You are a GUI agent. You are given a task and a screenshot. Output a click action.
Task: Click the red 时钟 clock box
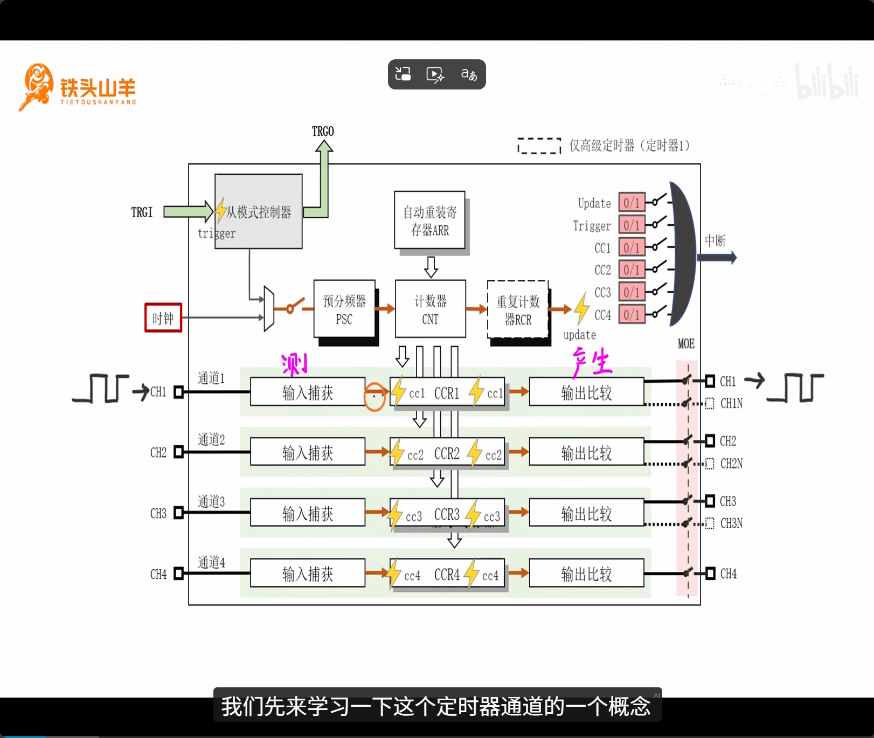[163, 318]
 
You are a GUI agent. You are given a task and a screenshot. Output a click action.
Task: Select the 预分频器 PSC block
[344, 309]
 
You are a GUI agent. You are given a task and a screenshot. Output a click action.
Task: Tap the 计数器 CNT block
[430, 309]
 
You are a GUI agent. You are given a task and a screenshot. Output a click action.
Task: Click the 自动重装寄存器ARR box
[429, 220]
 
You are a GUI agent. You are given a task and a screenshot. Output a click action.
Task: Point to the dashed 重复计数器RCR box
[518, 309]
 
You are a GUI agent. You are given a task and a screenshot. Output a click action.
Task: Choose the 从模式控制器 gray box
[259, 211]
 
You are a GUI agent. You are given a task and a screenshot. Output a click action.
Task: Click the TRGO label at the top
[323, 132]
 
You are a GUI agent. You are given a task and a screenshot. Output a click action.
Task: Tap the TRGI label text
[142, 212]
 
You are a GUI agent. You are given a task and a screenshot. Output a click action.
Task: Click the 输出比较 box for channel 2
[586, 452]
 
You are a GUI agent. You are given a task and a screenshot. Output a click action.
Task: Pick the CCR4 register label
[447, 575]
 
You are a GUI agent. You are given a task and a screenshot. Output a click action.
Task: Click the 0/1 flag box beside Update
[632, 203]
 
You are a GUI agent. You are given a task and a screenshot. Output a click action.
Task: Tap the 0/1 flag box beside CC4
[632, 314]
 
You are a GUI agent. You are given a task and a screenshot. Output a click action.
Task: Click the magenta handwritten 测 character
[295, 364]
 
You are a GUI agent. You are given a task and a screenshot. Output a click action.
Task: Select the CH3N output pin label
[731, 523]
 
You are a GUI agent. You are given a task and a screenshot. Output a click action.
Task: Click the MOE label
[686, 344]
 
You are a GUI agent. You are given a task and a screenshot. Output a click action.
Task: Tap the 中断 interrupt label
[715, 240]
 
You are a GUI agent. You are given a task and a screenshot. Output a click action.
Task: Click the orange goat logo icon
[37, 86]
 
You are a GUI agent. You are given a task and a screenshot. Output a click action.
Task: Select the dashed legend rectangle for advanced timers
[539, 146]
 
